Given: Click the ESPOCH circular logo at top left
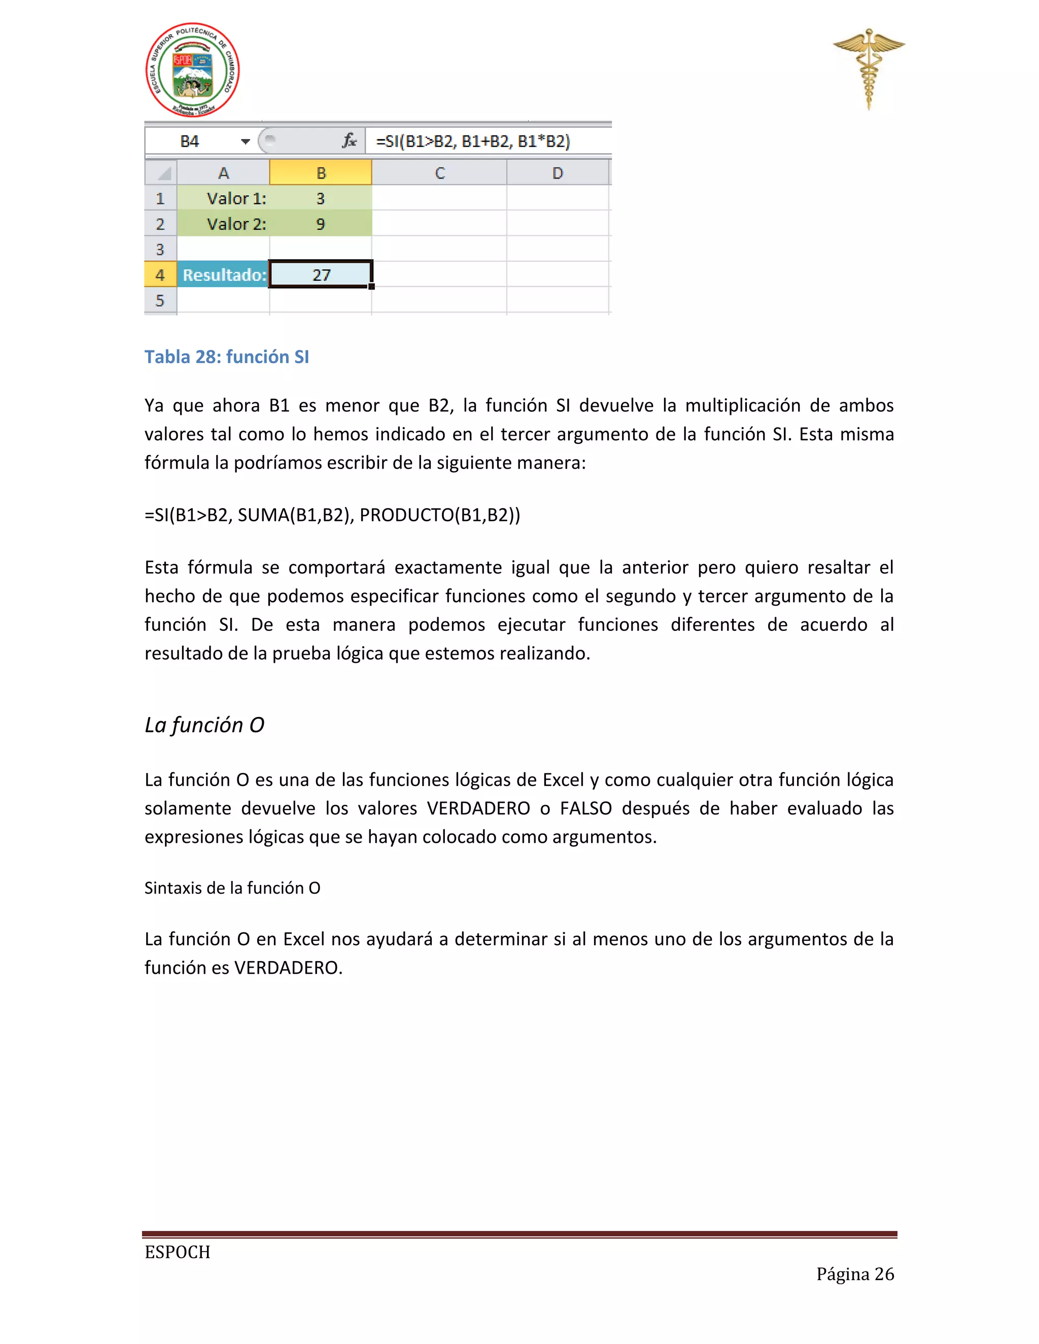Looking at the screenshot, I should point(192,70).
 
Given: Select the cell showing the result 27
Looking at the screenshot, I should point(321,274).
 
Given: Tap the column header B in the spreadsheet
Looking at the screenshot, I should point(321,173).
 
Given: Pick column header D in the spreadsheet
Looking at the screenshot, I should point(557,173).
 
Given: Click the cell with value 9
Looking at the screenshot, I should point(321,224).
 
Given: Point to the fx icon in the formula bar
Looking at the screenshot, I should point(349,141).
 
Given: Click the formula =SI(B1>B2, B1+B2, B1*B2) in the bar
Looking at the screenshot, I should point(473,142).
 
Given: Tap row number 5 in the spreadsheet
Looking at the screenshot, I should point(160,300).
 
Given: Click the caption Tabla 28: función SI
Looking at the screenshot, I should point(226,357).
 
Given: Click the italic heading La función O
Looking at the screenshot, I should point(204,725).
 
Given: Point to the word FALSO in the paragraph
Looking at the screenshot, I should point(585,808).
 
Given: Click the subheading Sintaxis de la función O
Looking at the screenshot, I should point(232,888).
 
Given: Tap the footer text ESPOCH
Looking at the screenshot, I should point(177,1252).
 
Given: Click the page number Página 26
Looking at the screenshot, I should point(854,1274).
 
